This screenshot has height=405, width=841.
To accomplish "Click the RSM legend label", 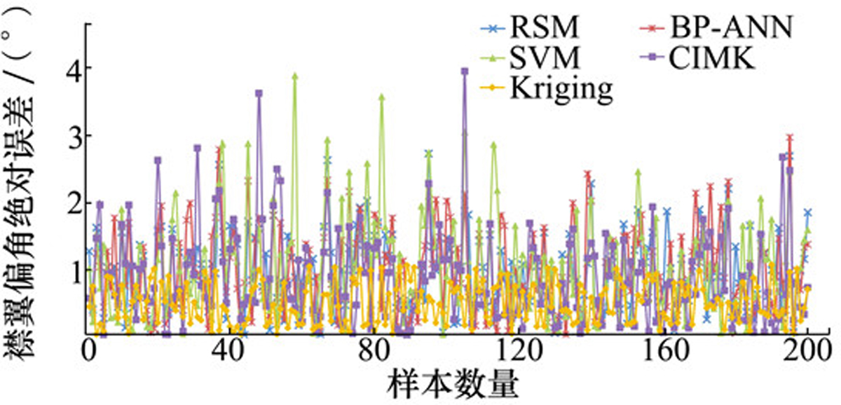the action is point(544,27).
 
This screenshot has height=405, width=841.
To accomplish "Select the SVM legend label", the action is point(545,57).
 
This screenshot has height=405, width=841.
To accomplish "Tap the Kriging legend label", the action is point(561,89).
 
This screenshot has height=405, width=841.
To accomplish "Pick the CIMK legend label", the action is point(712,57).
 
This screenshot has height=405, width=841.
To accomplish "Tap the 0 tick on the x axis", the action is point(88,351).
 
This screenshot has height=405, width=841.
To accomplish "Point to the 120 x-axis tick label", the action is point(518,351).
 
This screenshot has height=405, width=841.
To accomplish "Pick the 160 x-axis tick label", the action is point(665,351).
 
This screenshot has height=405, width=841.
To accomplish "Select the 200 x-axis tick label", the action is point(807,351).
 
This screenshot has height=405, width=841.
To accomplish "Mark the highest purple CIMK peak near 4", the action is point(465,71).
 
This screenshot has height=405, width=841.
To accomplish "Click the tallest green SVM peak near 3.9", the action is point(295,76).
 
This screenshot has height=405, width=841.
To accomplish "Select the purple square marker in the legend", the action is point(654,57).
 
